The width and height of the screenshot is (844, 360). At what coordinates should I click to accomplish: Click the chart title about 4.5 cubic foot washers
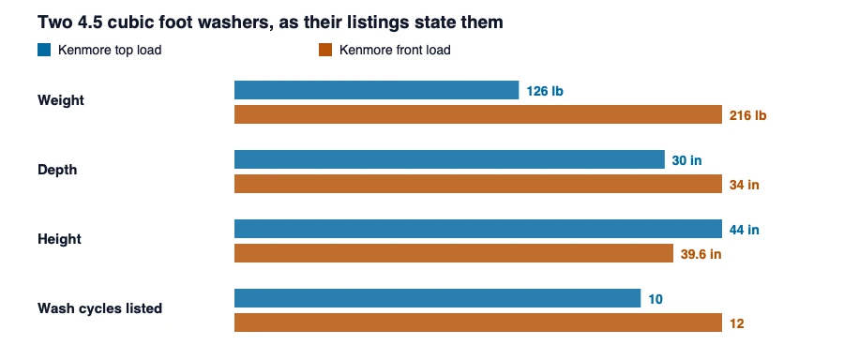270,22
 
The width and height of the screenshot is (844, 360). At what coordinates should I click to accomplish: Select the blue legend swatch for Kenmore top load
44,50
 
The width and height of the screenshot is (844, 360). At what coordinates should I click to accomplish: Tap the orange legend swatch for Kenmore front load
325,50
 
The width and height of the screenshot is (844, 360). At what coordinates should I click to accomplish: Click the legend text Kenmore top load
110,50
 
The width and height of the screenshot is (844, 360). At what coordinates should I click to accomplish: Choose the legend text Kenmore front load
395,50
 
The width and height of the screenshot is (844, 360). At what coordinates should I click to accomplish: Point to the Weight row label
61,100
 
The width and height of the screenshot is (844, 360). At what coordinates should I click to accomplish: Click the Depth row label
57,170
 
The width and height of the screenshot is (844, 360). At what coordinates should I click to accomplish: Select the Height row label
59,239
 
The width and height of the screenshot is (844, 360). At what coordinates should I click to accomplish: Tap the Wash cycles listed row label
99,308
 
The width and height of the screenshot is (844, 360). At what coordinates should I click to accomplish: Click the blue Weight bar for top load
376,90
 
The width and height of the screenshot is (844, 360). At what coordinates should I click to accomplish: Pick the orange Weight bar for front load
478,114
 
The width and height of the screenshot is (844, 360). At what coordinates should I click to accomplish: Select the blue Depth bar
449,159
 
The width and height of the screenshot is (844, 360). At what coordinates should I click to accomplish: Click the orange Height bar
454,253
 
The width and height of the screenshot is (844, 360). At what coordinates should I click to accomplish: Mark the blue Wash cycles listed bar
438,298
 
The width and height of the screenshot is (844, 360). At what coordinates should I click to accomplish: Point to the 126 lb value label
545,91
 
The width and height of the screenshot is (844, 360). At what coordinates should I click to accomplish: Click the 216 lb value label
748,115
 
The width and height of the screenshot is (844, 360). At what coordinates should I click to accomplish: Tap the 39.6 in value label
701,254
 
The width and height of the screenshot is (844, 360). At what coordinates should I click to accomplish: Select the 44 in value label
745,230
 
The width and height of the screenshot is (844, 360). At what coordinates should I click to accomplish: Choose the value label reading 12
737,323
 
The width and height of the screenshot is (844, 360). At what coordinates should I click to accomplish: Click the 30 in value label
686,160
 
